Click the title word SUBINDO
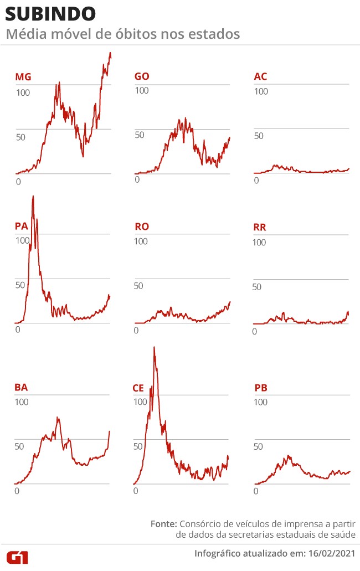point(50,14)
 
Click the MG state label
point(23,77)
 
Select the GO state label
point(142,76)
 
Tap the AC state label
point(260,76)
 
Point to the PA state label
point(22,226)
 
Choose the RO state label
point(142,227)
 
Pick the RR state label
point(260,227)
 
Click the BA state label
point(21,388)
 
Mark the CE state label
point(138,388)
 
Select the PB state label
point(261,388)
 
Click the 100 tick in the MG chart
point(23,92)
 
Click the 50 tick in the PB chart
point(258,446)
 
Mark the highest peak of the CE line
point(154,347)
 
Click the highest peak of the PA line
point(33,196)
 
